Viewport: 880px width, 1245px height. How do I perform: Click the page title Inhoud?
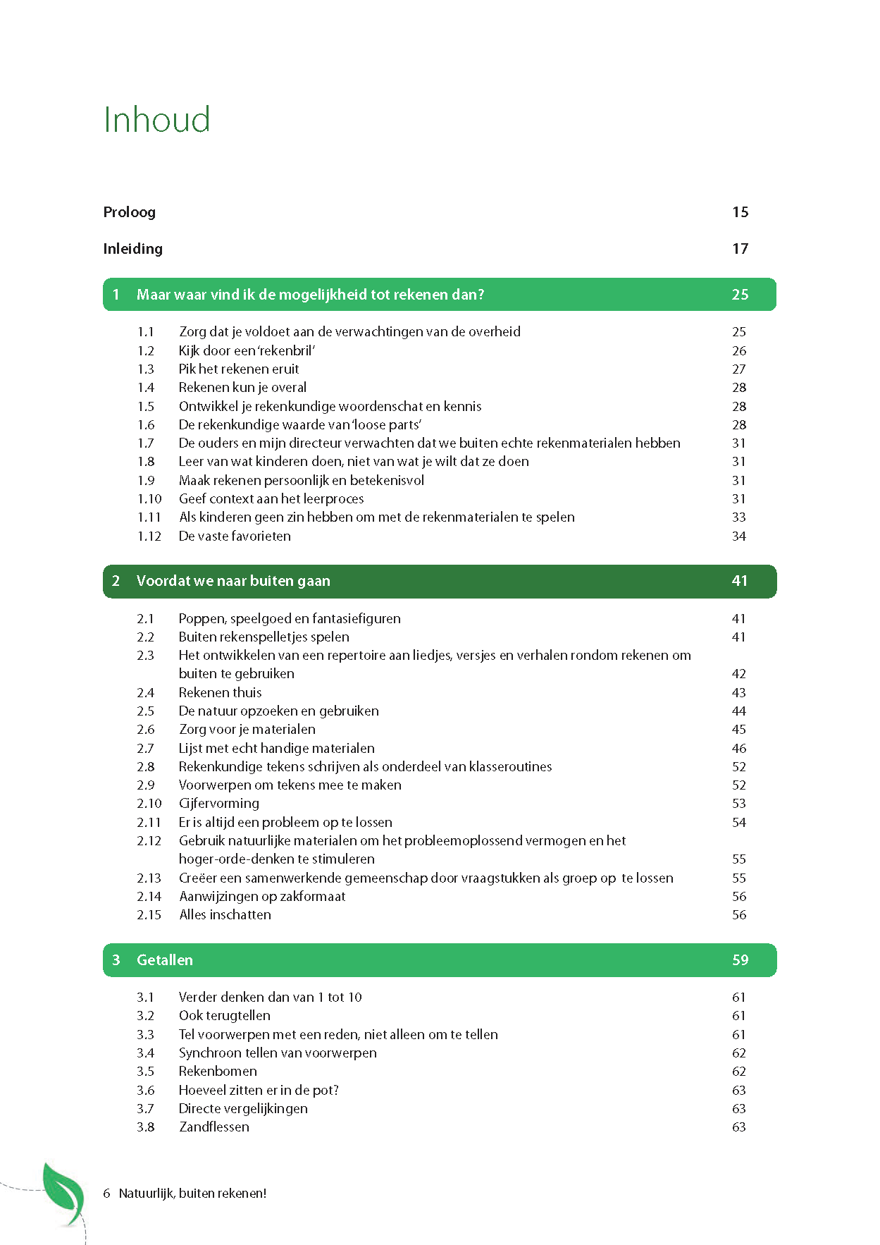click(156, 120)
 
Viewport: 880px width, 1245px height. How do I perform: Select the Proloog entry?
click(129, 212)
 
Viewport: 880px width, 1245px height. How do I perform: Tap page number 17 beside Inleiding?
click(740, 249)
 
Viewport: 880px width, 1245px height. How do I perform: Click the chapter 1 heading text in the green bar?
click(310, 295)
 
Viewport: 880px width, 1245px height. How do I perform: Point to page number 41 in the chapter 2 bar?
click(739, 581)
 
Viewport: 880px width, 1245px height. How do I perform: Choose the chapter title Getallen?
click(164, 960)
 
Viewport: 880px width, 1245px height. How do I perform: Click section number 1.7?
click(146, 443)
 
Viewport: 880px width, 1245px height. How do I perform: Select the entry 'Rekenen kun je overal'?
click(242, 388)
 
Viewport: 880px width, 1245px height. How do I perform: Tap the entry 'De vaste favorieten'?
click(235, 536)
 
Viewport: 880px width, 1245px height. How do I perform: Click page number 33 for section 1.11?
click(738, 517)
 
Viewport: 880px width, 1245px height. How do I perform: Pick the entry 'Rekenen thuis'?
click(220, 693)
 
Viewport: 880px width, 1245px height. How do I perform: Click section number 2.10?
click(149, 804)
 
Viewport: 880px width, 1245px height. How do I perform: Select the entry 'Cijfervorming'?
click(219, 804)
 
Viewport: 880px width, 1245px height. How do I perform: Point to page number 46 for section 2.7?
click(738, 749)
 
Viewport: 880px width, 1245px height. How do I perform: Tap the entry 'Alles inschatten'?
click(225, 915)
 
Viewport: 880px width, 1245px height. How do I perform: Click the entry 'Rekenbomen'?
click(218, 1072)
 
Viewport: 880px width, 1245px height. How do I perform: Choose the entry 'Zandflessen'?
click(213, 1127)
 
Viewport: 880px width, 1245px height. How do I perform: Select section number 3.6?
click(145, 1091)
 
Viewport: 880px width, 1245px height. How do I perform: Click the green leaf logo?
click(64, 1194)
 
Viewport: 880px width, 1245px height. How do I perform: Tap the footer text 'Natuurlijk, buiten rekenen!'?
click(192, 1194)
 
